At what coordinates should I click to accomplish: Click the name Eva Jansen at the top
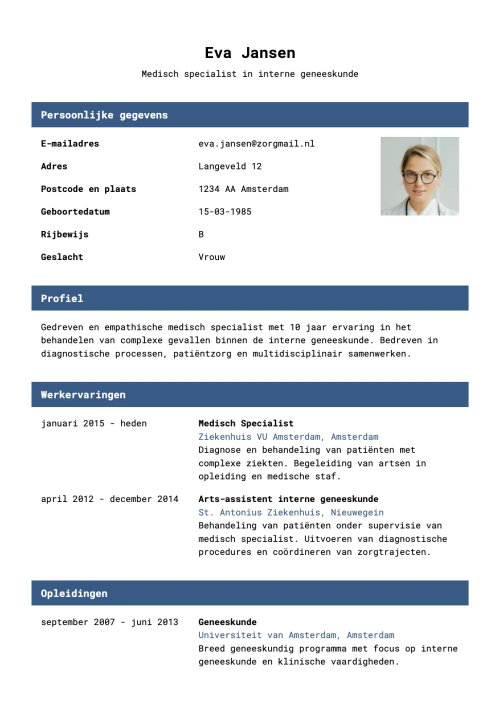click(x=250, y=53)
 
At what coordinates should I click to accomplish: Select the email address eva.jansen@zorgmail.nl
click(x=256, y=144)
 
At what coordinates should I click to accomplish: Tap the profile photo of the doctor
click(x=419, y=176)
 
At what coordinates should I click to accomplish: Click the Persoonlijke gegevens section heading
click(x=104, y=115)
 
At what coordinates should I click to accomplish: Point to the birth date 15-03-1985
click(x=225, y=212)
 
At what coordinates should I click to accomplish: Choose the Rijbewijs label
click(x=64, y=234)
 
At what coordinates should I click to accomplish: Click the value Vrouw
click(x=211, y=257)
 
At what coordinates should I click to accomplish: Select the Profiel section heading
click(x=62, y=298)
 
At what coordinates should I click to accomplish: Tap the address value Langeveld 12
click(x=230, y=166)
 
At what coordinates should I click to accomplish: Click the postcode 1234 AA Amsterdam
click(x=243, y=189)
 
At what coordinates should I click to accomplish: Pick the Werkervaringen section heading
click(x=83, y=395)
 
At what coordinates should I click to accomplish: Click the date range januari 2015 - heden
click(x=94, y=423)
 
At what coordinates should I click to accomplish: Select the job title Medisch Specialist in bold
click(x=246, y=423)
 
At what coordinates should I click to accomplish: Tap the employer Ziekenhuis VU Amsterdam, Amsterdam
click(x=288, y=437)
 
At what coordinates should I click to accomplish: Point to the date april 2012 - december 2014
click(x=109, y=499)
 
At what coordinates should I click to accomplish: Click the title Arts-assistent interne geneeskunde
click(x=288, y=499)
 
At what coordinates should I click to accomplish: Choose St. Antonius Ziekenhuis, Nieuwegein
click(x=291, y=512)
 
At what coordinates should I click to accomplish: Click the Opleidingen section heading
click(x=74, y=593)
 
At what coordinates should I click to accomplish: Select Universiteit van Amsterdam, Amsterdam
click(x=296, y=635)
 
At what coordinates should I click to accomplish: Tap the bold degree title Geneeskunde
click(x=227, y=622)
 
